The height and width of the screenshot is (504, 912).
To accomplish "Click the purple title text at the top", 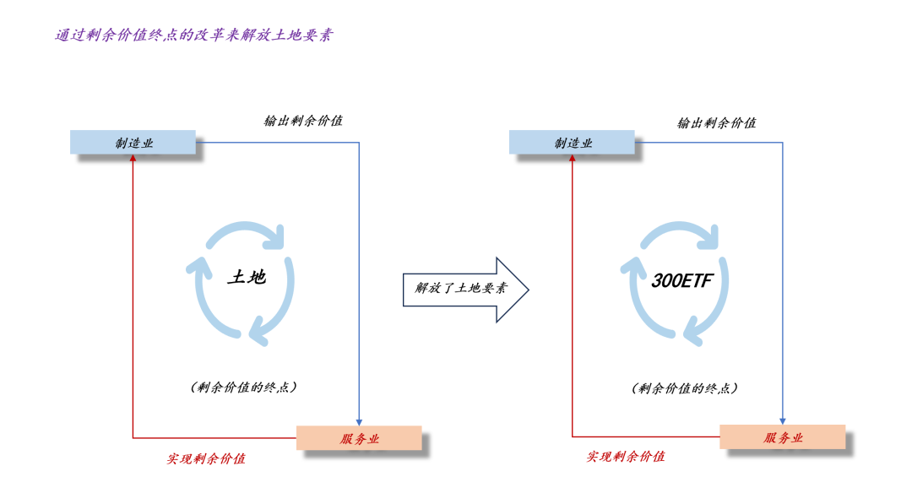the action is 194,35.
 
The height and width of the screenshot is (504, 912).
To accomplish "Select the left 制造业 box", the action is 133,143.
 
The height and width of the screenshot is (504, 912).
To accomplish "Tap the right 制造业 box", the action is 572,143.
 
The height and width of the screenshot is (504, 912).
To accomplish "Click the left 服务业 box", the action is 359,438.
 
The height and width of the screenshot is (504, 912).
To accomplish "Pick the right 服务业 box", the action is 782,437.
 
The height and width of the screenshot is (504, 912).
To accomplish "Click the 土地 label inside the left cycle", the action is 247,277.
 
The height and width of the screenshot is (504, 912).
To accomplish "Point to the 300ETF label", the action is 681,281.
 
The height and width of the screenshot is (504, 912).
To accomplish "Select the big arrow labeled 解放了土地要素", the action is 466,290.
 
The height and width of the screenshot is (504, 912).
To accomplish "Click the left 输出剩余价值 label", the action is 303,121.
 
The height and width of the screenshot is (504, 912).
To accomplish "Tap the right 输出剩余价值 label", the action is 717,122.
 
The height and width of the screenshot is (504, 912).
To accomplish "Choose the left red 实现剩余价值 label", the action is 206,458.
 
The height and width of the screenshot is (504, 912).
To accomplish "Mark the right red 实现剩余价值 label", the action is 625,457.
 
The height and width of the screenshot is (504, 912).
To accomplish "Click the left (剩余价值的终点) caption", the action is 244,387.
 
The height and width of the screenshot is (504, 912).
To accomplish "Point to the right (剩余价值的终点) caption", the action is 685,387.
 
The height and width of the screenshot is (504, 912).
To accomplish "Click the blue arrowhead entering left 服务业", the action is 359,423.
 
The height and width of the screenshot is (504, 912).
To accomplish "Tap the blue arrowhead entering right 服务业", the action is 782,421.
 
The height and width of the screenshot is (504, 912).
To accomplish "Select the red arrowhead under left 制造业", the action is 133,158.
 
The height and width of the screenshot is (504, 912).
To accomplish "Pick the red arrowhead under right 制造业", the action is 572,158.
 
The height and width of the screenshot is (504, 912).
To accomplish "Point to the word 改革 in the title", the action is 209,35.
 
